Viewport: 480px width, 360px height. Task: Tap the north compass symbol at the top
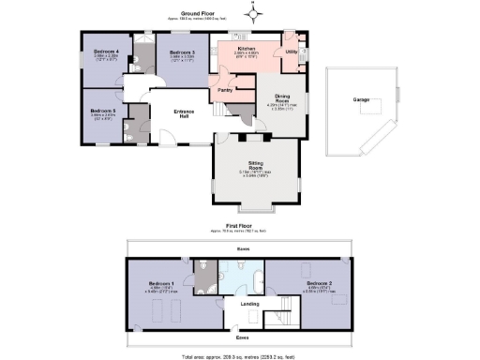pos(250,12)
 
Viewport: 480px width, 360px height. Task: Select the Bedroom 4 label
pos(105,52)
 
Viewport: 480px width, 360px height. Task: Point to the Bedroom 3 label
pos(180,52)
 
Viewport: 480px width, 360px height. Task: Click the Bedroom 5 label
pos(102,111)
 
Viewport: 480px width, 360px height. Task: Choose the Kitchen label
pos(247,48)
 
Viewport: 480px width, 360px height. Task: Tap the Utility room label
pos(292,52)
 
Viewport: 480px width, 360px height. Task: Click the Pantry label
pos(225,90)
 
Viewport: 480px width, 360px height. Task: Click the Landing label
pos(249,303)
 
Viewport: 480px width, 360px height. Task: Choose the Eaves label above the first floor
pos(243,249)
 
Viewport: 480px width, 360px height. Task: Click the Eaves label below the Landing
pos(242,337)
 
